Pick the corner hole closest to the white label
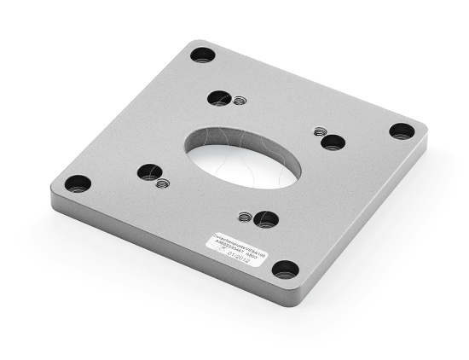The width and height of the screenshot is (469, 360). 285,270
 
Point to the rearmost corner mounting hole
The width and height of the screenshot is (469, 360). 202,55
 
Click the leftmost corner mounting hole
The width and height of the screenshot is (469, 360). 78,183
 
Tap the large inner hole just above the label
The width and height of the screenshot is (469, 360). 265,219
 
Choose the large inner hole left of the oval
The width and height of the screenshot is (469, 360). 148,171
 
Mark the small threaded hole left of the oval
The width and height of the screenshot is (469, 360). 163,182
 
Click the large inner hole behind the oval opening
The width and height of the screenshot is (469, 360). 220,98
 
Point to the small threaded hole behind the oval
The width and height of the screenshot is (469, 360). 240,101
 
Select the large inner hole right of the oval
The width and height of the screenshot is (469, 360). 333,142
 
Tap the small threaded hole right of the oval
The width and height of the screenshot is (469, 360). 320,131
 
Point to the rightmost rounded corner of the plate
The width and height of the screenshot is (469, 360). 422,131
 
